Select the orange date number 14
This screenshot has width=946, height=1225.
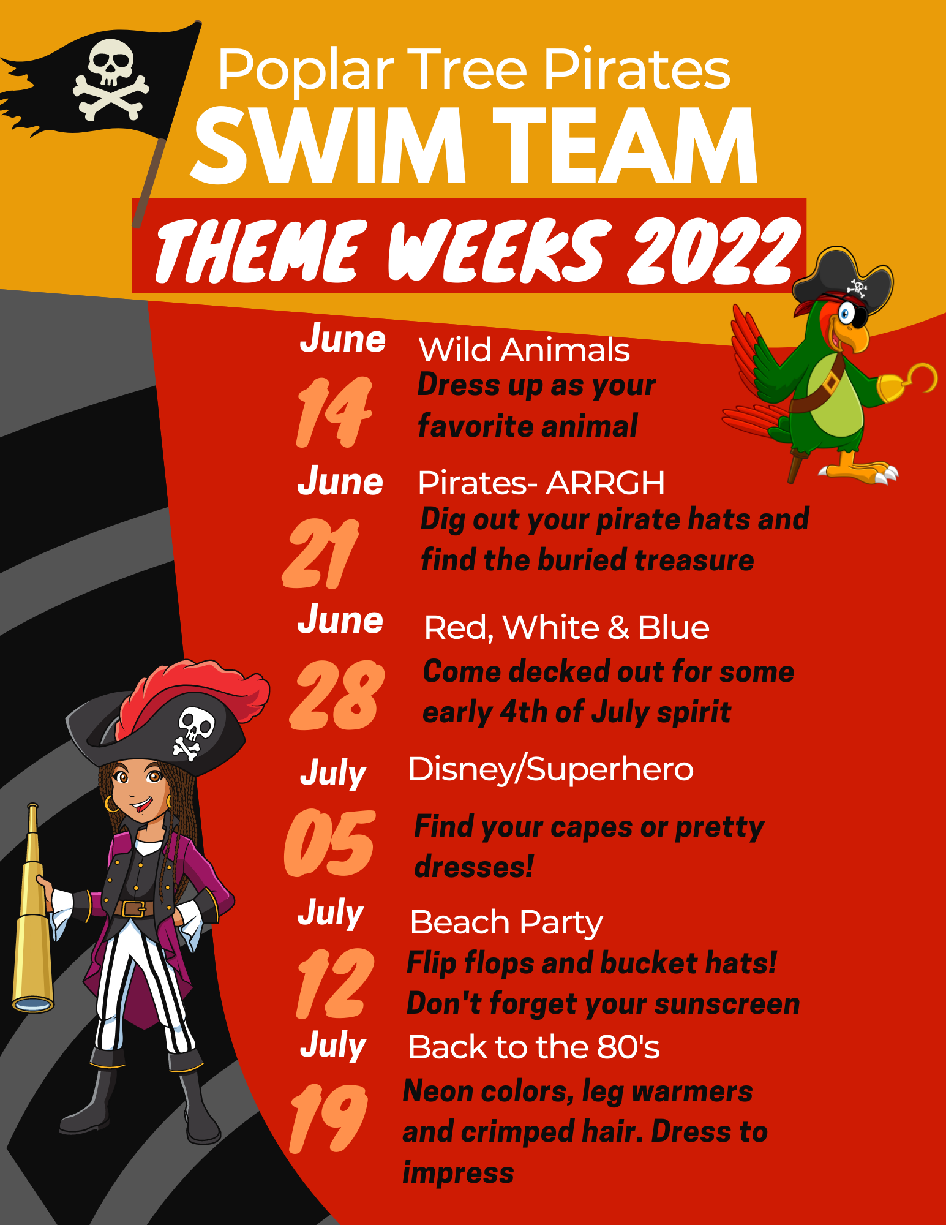(334, 412)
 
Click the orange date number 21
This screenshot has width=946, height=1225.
(321, 553)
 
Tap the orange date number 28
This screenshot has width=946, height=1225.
(336, 695)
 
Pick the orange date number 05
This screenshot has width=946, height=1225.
(329, 843)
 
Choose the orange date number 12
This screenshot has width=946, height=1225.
(334, 984)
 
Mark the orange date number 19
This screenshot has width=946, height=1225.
(328, 1118)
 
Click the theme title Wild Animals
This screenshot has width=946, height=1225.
(524, 350)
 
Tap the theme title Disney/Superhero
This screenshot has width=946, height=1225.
(550, 769)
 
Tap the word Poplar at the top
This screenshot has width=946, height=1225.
(306, 71)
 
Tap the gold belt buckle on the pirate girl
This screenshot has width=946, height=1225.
(133, 908)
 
